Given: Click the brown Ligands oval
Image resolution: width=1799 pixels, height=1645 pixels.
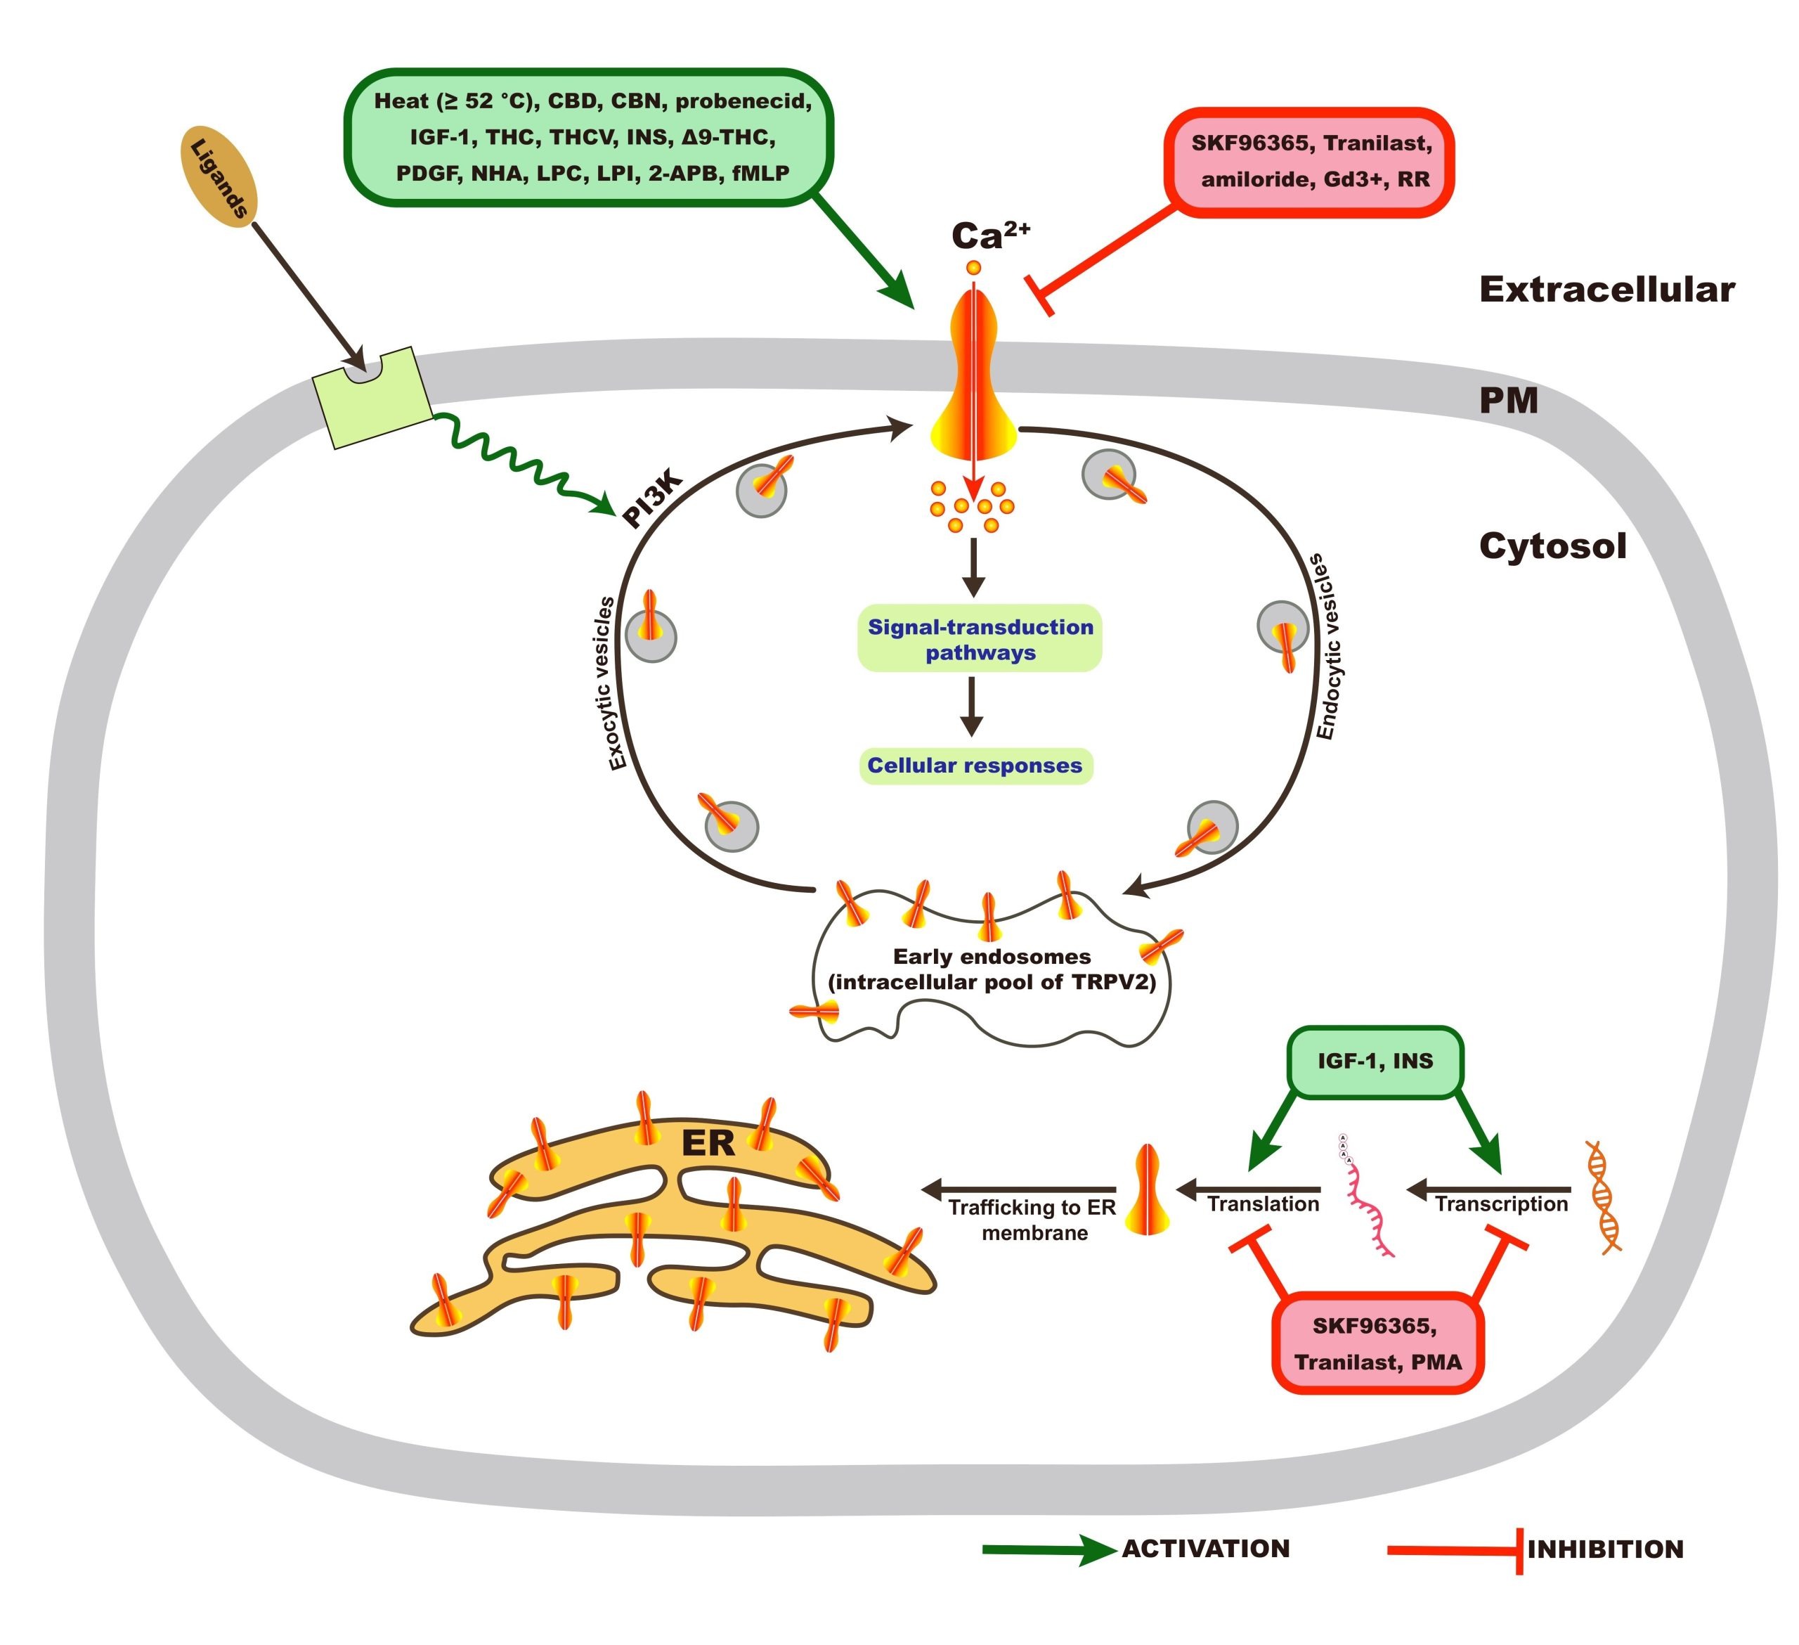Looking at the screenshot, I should point(219,176).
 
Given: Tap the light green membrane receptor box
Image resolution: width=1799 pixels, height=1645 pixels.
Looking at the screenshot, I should point(372,398).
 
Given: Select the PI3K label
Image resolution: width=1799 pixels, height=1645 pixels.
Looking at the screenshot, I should point(652,500).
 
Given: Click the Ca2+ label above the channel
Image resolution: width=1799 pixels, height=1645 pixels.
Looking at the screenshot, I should point(989,236).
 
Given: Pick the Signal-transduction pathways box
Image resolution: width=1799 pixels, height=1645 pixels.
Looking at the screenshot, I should point(980,639).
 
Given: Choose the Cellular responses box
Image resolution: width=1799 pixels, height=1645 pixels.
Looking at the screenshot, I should point(975,766).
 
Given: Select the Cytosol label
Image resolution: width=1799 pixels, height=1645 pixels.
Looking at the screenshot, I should point(1553,546).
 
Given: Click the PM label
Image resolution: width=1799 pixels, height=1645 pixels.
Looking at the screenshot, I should point(1508,401).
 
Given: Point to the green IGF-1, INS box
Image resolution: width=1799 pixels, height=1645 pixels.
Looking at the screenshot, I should point(1375,1062).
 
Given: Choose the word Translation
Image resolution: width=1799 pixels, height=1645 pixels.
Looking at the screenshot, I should point(1263,1204).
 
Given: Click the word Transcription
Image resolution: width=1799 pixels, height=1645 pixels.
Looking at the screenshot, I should point(1501,1204).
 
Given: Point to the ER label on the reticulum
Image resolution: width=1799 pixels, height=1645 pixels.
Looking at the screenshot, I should point(708,1143).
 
